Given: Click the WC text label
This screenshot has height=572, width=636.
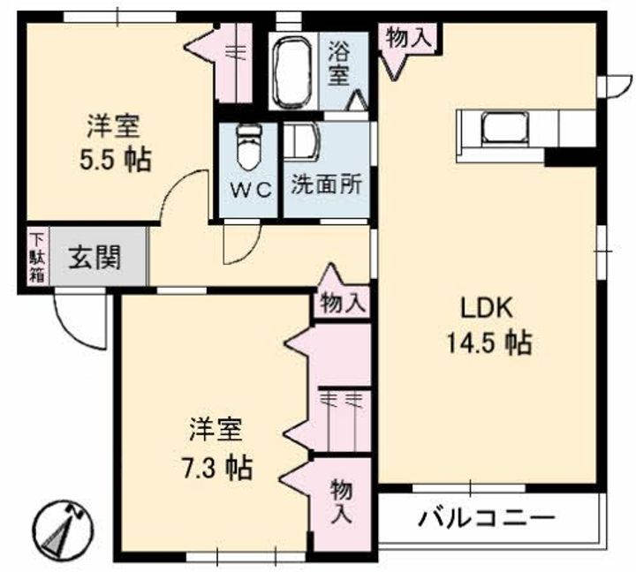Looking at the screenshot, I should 248,190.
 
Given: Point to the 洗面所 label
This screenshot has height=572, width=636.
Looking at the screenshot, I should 326,187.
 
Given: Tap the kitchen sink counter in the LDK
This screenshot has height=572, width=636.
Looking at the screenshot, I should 500,129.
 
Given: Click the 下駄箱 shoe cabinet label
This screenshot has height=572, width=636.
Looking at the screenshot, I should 37,255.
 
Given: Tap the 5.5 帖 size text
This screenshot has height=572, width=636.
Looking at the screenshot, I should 113,160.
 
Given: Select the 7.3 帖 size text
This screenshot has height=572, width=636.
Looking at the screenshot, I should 216,466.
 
